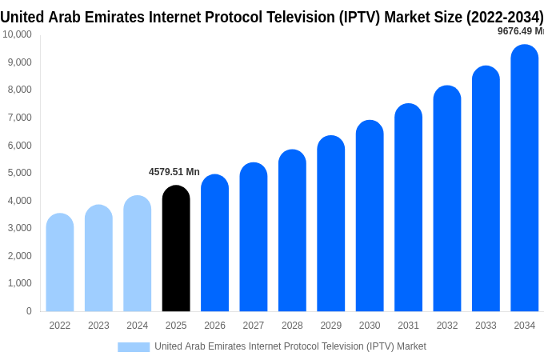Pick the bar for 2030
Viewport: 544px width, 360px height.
tap(370, 216)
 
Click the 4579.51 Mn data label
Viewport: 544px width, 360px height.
tap(174, 172)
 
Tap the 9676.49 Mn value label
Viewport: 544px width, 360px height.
tap(520, 31)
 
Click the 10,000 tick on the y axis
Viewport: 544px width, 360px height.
tap(17, 34)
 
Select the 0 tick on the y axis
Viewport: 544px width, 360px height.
tap(29, 311)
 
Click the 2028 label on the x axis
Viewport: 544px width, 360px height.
tap(292, 326)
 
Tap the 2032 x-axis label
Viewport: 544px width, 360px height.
tap(447, 326)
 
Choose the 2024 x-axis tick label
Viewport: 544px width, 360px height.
tap(137, 326)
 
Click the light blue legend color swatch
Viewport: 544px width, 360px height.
tap(134, 347)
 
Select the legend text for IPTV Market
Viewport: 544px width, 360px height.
tap(290, 346)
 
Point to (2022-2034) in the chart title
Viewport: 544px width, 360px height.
tap(505, 17)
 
